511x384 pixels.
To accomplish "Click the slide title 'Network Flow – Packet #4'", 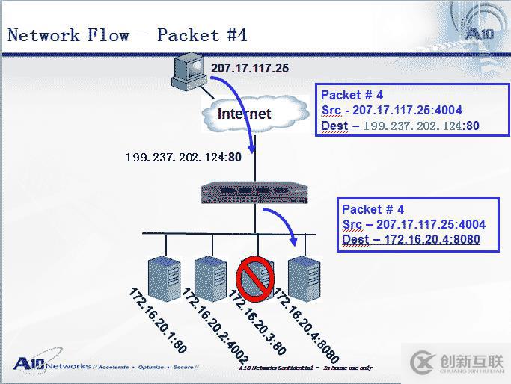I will (127, 34).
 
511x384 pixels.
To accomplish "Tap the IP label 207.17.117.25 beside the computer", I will (249, 69).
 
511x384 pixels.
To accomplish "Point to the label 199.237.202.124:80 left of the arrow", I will (183, 158).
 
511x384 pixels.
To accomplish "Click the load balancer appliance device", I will (254, 191).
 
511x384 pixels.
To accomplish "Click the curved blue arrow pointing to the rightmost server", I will (284, 224).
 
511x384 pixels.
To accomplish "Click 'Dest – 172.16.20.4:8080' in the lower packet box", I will (411, 239).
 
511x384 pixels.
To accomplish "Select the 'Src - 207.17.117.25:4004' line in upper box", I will (389, 111).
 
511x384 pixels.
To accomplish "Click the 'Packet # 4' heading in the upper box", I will (352, 95).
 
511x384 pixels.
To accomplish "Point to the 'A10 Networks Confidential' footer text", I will (305, 368).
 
